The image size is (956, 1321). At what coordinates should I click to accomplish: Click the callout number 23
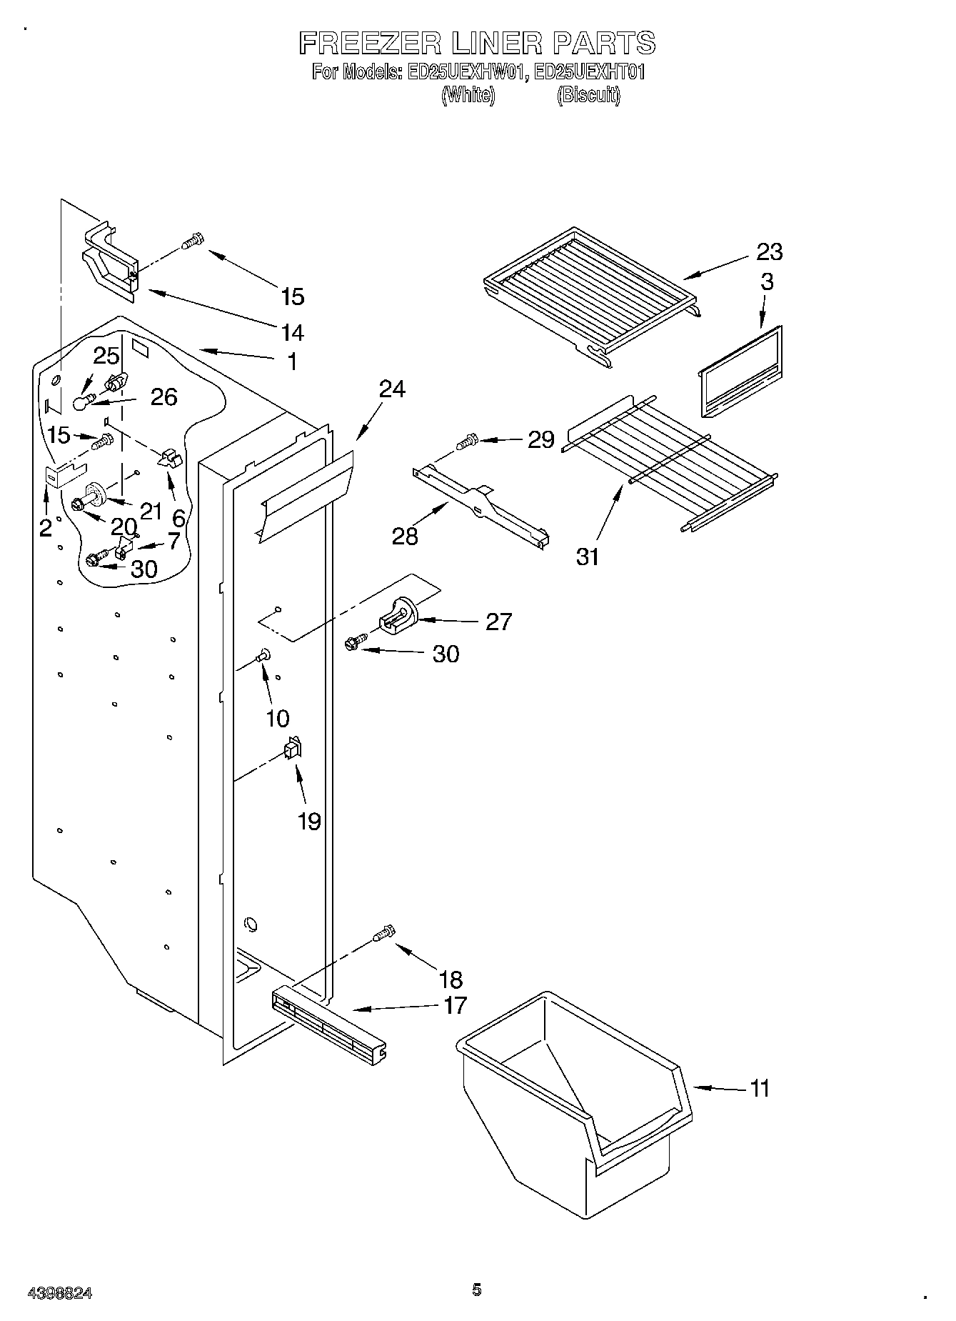click(770, 251)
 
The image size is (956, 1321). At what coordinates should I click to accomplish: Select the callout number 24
click(392, 389)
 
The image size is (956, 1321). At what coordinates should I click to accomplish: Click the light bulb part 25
click(84, 404)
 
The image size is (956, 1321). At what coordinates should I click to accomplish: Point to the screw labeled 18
click(384, 933)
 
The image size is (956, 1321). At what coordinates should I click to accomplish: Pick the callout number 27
click(498, 622)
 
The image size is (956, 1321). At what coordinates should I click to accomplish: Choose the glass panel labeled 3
click(739, 372)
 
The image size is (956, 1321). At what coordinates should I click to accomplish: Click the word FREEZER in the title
click(370, 44)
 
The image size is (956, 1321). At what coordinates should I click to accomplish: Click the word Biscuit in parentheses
click(588, 95)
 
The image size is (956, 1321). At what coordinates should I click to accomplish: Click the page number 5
click(476, 1290)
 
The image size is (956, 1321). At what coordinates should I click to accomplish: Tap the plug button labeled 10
click(263, 653)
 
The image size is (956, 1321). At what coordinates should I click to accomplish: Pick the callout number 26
click(163, 397)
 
